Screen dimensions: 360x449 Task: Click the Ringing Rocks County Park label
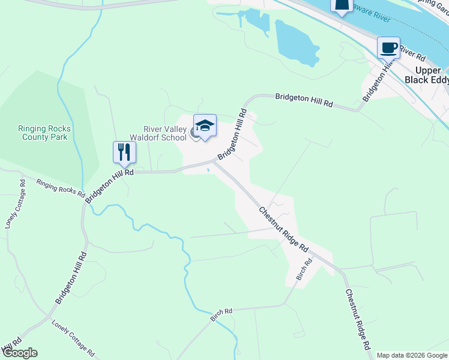44,133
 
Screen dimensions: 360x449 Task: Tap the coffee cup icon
388,47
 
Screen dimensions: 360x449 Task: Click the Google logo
19,353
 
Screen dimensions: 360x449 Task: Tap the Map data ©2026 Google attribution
412,355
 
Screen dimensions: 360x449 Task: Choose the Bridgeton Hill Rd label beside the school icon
232,134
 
